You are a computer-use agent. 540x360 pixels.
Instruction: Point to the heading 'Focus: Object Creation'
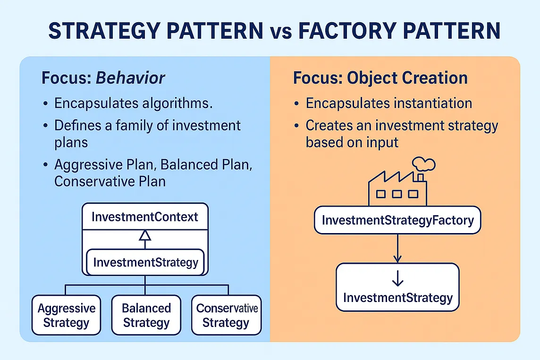[380, 78]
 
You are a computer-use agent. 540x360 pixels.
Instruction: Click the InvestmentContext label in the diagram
[145, 217]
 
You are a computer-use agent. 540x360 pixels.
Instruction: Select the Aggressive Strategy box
[66, 315]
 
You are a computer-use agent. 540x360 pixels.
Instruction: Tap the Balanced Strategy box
[146, 315]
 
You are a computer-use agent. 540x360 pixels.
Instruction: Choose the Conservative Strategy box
[227, 315]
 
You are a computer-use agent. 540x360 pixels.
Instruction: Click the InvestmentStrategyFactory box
[397, 220]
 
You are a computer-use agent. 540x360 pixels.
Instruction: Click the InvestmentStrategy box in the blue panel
[145, 262]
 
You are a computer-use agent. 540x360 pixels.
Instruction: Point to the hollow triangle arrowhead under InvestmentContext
[145, 235]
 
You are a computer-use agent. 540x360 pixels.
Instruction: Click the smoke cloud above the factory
[423, 164]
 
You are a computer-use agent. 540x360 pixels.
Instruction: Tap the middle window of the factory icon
[397, 193]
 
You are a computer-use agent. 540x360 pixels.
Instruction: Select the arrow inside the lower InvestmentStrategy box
[397, 280]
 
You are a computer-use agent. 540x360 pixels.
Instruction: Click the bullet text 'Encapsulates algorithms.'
[134, 103]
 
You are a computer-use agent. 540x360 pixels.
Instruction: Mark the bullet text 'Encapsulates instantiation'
[388, 103]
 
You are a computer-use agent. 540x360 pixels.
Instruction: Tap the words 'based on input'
[352, 142]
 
